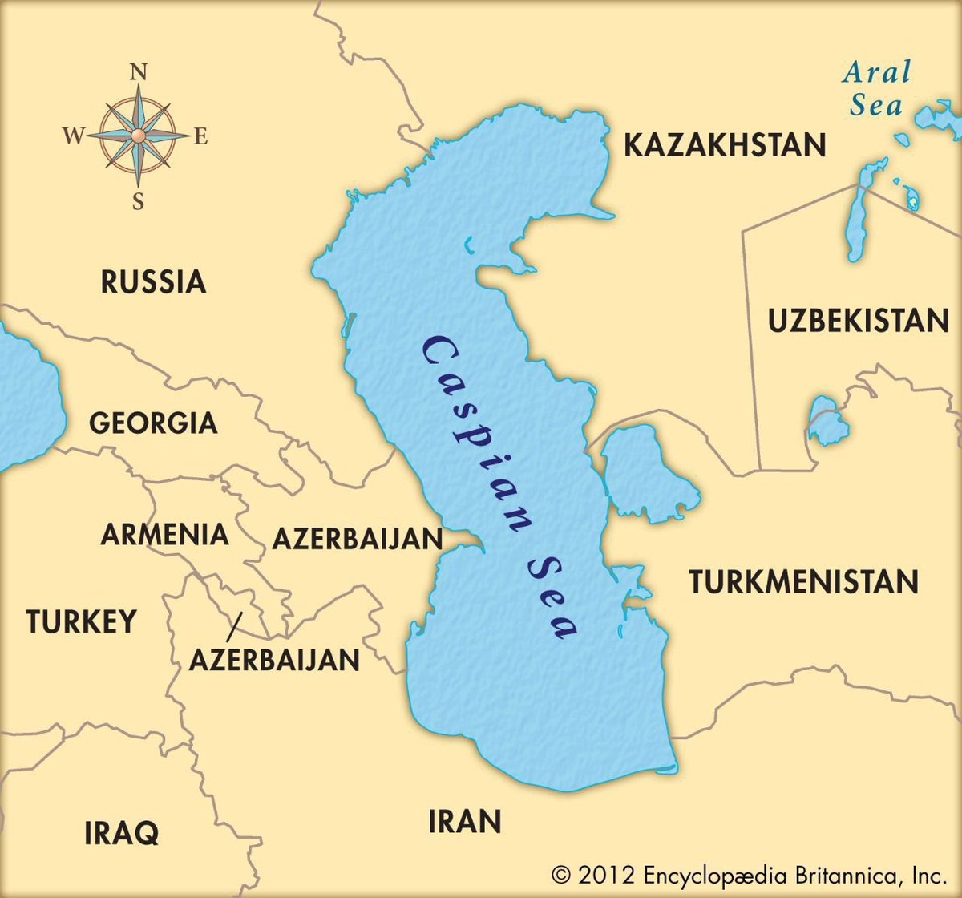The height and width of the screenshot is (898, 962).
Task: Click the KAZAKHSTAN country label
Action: click(x=724, y=146)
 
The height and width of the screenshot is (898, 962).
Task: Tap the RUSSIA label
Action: click(x=154, y=282)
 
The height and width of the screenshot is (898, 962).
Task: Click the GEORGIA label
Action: click(x=153, y=423)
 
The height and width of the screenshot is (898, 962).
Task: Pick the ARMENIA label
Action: click(x=164, y=534)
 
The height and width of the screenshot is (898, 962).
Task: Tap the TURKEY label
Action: click(x=81, y=621)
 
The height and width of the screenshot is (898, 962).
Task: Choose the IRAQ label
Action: click(x=122, y=832)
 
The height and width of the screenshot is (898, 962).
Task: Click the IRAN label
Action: click(x=465, y=821)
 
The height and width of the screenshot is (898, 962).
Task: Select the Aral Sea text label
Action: click(x=876, y=89)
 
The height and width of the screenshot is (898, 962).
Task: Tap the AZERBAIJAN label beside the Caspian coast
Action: click(x=358, y=538)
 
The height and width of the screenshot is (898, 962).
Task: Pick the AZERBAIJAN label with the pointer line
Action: click(x=274, y=660)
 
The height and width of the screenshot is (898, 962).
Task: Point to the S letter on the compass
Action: click(x=138, y=201)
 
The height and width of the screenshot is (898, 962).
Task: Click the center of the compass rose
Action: click(x=138, y=135)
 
